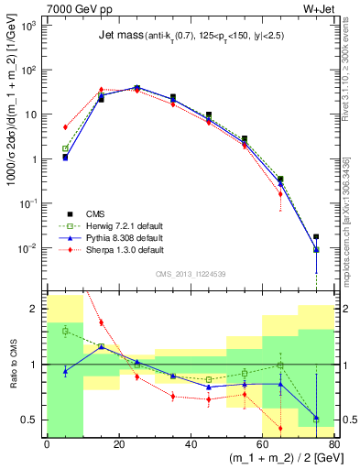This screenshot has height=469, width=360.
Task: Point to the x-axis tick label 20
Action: tap(118, 446)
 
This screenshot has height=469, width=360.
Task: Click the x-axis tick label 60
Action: tap(262, 446)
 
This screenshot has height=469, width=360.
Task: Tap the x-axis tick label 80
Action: tap(333, 446)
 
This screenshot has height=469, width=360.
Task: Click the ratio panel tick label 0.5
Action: tap(29, 420)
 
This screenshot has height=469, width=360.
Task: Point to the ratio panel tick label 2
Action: tap(35, 309)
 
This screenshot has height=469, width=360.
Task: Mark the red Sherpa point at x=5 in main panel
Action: tap(65, 127)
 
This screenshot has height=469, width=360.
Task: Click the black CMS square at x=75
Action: tap(316, 236)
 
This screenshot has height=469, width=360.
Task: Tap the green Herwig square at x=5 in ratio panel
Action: tap(65, 331)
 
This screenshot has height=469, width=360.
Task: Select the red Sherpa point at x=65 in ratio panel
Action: tap(279, 428)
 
